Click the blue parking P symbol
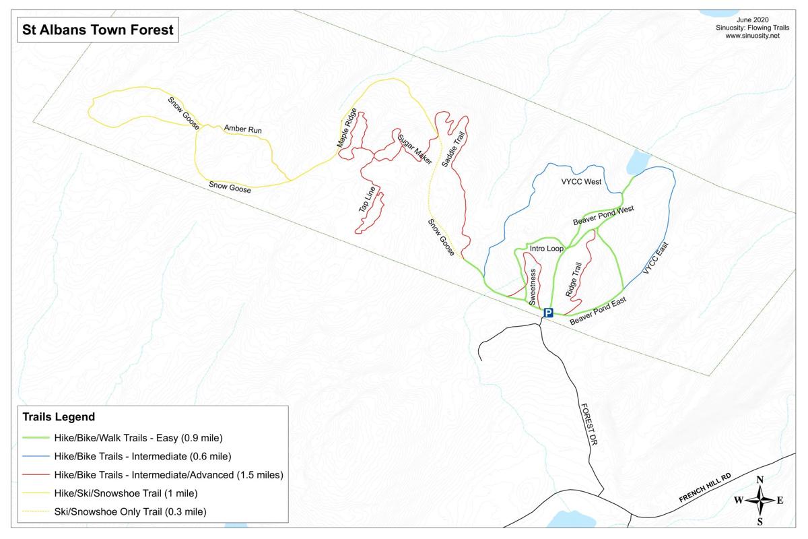pyautogui.click(x=548, y=313)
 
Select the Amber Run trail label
pyautogui.click(x=243, y=129)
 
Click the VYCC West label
pyautogui.click(x=581, y=182)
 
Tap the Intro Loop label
pyautogui.click(x=546, y=249)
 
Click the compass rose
pyautogui.click(x=760, y=500)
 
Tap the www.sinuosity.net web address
pyautogui.click(x=752, y=36)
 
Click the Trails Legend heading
pyautogui.click(x=59, y=417)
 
